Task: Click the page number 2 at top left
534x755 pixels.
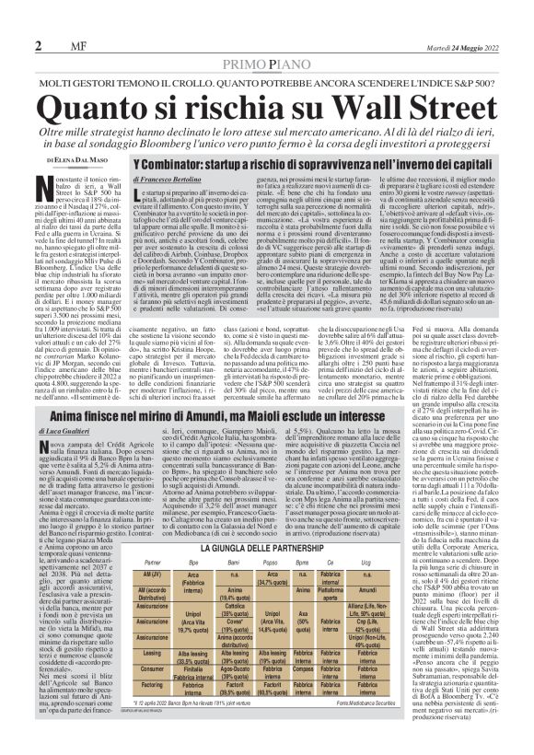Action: tap(13, 20)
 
